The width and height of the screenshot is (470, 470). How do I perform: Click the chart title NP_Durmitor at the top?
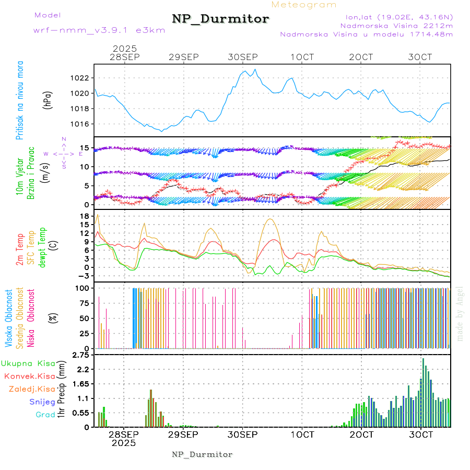pyautogui.click(x=220, y=19)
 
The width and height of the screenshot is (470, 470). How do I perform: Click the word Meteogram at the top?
pyautogui.click(x=304, y=5)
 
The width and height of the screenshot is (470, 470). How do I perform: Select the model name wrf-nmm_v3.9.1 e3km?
pyautogui.click(x=99, y=30)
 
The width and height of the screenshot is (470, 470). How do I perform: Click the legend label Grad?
pyautogui.click(x=45, y=415)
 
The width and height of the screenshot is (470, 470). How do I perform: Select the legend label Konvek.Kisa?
pyautogui.click(x=30, y=376)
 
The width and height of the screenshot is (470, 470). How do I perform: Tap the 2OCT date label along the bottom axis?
pyautogui.click(x=361, y=434)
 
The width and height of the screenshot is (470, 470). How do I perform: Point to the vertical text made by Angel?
pyautogui.click(x=460, y=313)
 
